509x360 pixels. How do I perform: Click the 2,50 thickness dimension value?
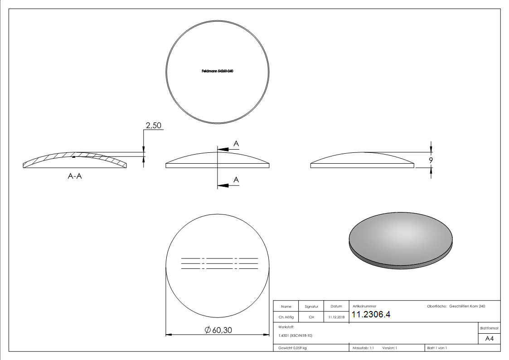coord(154,125)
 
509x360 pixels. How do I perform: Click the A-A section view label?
coord(75,176)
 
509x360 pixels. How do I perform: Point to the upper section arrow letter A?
coord(236,144)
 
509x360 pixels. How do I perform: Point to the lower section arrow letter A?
coord(236,180)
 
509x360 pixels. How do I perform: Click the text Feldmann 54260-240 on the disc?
coord(218,71)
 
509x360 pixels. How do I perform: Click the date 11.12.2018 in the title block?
coord(336,317)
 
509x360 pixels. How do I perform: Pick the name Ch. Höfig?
coord(286,317)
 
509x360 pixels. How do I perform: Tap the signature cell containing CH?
coord(311,317)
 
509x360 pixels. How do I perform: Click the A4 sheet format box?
coord(490,339)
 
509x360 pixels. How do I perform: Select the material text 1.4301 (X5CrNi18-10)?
coord(296,336)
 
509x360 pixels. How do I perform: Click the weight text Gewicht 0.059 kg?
coord(292,348)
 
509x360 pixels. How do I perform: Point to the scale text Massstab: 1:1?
coord(363,348)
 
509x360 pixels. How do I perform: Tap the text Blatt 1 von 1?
coord(437,348)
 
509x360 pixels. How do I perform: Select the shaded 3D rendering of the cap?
coord(401,239)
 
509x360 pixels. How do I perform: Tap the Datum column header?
coord(336,306)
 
